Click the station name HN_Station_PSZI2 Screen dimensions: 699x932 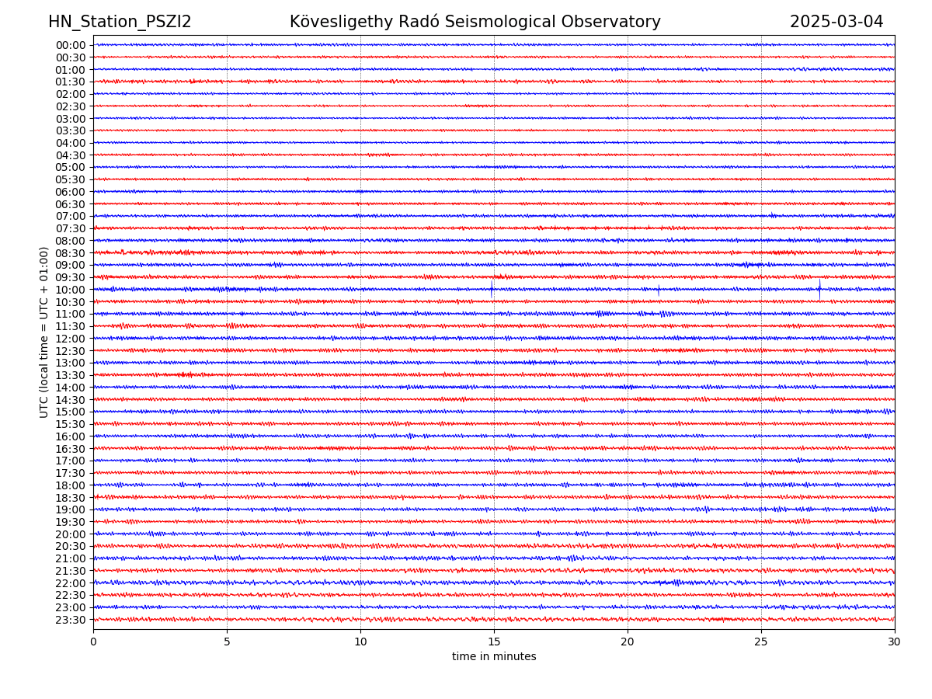coord(120,22)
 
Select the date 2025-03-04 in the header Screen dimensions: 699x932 coord(836,22)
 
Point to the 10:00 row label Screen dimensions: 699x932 coord(71,290)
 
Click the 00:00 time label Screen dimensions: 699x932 coord(71,45)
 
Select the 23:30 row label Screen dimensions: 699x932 coord(71,620)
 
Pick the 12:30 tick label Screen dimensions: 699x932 coord(71,351)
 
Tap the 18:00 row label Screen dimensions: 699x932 coord(71,485)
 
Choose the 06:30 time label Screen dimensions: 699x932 coord(71,204)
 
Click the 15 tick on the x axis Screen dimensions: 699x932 coord(494,642)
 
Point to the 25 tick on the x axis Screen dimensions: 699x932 coord(761,642)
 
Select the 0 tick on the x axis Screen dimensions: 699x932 coord(93,642)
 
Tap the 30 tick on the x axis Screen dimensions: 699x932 coord(895,642)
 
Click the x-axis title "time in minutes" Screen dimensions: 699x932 coord(494,657)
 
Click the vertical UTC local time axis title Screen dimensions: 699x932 coord(44,332)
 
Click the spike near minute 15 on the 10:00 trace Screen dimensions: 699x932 coord(491,290)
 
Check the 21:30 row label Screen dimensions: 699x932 coord(71,571)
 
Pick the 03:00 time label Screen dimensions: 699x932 coord(71,119)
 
